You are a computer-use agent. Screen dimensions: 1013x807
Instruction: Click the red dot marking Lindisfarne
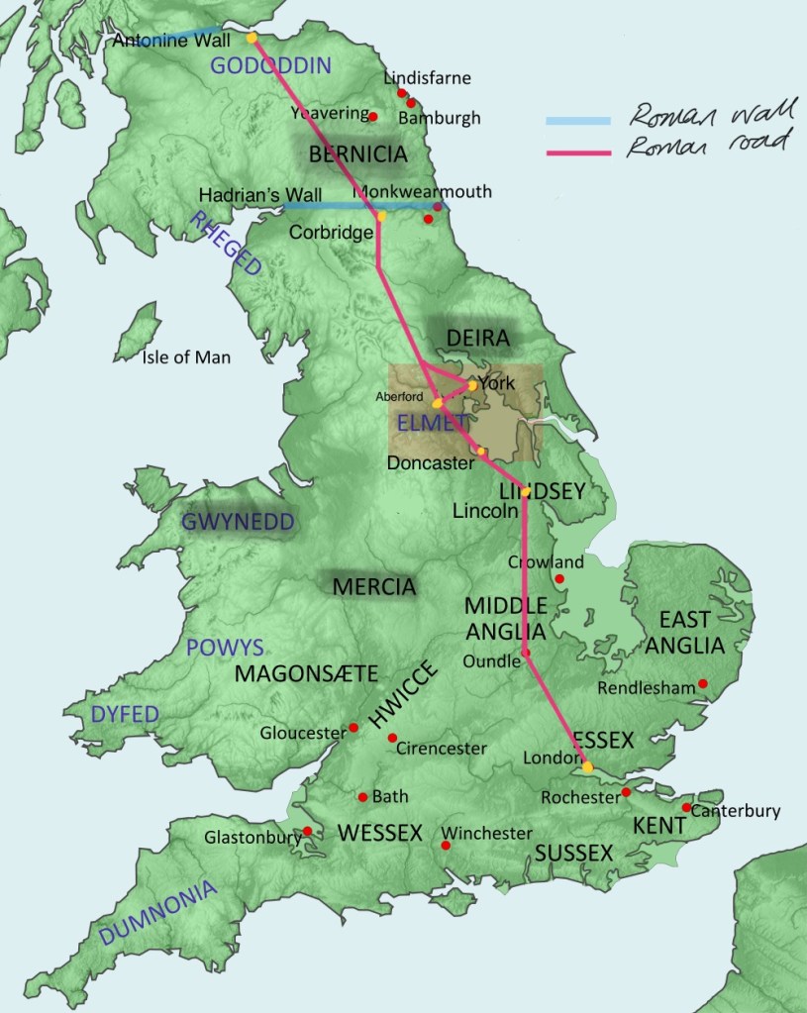click(x=402, y=93)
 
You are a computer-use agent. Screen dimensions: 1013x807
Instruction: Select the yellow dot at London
click(x=586, y=766)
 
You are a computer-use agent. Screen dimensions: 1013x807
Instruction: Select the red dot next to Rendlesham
click(x=703, y=682)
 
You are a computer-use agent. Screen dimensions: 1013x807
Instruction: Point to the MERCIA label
click(x=373, y=586)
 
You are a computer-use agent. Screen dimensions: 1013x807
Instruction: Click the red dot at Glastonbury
click(x=308, y=831)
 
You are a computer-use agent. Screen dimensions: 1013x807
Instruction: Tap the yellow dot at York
click(x=473, y=385)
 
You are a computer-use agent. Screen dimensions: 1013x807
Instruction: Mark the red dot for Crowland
click(x=559, y=578)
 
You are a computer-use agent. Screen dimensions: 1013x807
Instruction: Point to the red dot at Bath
click(x=362, y=796)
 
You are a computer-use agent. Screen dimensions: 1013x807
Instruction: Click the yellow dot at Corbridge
click(x=381, y=216)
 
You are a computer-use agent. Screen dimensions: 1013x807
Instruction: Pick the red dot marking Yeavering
click(x=373, y=117)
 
